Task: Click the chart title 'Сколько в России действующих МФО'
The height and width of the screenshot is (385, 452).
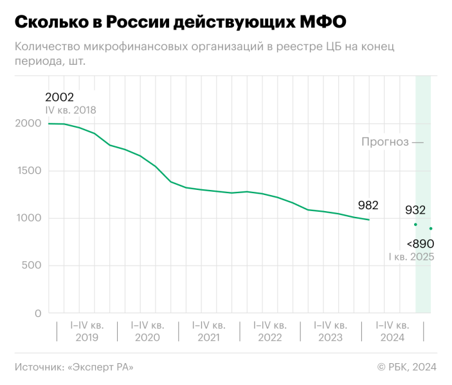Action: pos(180,22)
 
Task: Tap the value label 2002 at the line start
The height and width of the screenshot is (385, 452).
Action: pos(59,98)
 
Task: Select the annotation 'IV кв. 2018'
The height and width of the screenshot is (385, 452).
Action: pos(70,110)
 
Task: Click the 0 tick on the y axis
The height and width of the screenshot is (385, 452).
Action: pos(37,313)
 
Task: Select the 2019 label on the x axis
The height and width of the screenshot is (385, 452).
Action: pos(87,338)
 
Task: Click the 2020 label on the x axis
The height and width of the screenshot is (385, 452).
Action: pos(148,338)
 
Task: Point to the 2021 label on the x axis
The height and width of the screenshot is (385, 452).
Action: pos(208,338)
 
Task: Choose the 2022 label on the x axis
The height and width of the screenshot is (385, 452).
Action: pos(269,338)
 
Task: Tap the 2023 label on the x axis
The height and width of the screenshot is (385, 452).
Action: pos(330,338)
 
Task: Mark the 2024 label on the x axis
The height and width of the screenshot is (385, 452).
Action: pos(391,338)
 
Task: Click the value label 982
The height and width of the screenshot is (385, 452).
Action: pos(368,205)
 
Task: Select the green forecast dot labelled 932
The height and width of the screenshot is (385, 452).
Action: pos(415,225)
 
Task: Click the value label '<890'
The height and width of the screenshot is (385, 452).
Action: pos(420,244)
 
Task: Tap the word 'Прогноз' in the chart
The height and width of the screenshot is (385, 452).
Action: pos(384,142)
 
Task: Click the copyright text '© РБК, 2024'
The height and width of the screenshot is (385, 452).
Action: pos(406,367)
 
